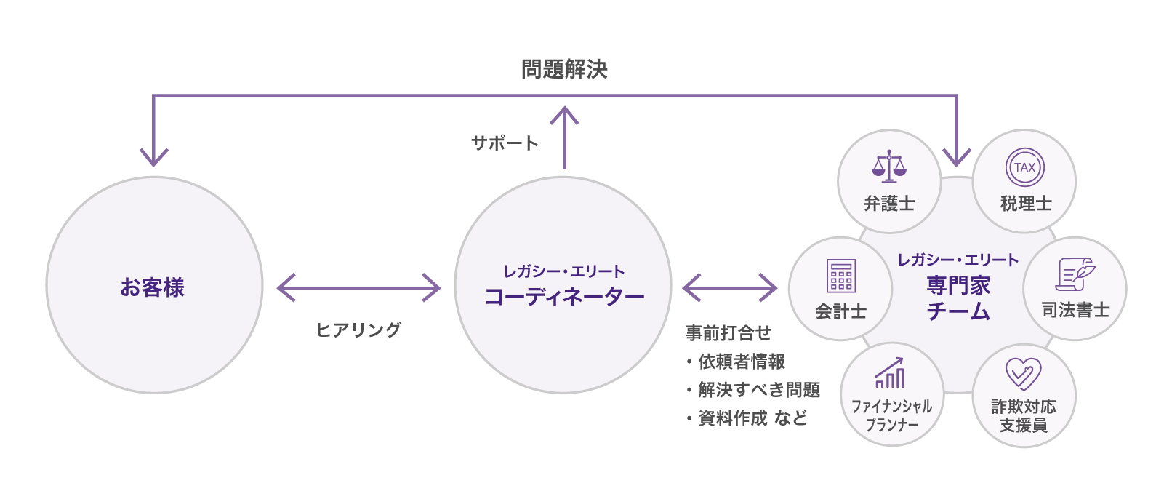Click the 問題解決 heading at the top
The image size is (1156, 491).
click(564, 69)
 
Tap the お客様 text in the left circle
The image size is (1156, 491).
click(153, 287)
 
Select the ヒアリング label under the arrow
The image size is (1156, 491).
click(358, 330)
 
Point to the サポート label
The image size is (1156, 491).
click(505, 143)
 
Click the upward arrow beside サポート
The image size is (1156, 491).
click(564, 138)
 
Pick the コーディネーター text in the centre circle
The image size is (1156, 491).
click(564, 297)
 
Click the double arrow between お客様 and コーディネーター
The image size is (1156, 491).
click(358, 287)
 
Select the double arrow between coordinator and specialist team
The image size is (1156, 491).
click(730, 287)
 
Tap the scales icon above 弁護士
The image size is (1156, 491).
click(889, 167)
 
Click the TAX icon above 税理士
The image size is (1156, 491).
click(1025, 167)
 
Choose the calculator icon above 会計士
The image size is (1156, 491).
click(841, 276)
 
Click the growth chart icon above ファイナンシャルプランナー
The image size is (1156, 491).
click(890, 372)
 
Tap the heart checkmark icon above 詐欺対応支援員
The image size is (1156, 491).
click(1023, 374)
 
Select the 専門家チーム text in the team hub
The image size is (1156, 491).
click(958, 298)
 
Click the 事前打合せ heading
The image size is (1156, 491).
click(728, 333)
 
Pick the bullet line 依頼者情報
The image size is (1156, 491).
click(741, 362)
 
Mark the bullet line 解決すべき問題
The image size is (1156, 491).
click(758, 390)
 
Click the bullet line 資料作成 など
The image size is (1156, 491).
click(752, 418)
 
